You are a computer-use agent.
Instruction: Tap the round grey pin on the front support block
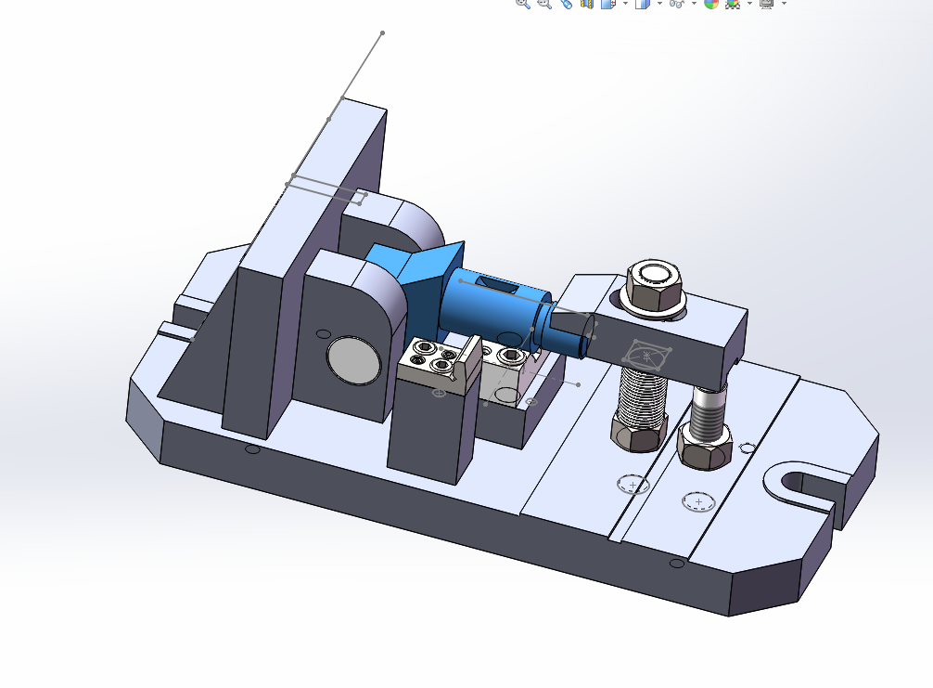click(353, 360)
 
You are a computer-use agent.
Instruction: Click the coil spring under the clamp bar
click(644, 395)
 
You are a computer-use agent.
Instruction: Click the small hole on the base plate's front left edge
click(252, 449)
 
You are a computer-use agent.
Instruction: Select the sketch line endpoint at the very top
click(382, 33)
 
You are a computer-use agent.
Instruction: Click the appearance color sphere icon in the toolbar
click(711, 4)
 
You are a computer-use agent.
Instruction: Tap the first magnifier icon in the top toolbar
click(522, 4)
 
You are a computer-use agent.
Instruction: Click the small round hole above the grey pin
click(323, 333)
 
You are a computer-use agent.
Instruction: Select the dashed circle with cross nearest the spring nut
click(633, 485)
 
